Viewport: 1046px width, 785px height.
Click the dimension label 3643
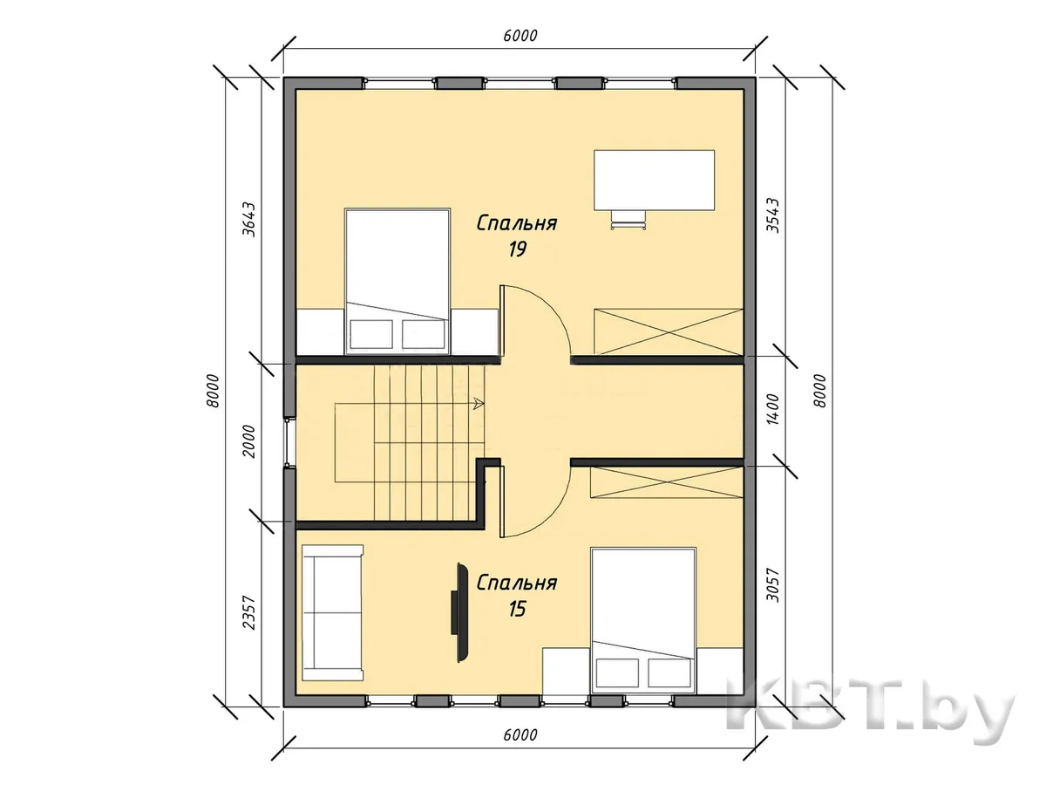pyautogui.click(x=248, y=220)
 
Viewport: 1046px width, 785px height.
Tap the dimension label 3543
pyautogui.click(x=772, y=215)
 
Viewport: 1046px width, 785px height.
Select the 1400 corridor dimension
pyautogui.click(x=772, y=409)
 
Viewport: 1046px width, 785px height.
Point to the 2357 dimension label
pyautogui.click(x=248, y=612)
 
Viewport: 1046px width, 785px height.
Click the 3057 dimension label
pyautogui.click(x=772, y=584)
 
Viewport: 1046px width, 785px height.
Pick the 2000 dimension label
pyautogui.click(x=248, y=441)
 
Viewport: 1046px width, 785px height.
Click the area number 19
pyautogui.click(x=517, y=249)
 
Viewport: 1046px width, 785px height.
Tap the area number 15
pyautogui.click(x=517, y=609)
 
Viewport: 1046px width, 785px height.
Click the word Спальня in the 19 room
pyautogui.click(x=517, y=223)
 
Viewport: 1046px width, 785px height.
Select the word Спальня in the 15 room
pyautogui.click(x=517, y=583)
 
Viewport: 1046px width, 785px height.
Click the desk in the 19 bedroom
pyautogui.click(x=654, y=180)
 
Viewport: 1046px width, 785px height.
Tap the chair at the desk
pyautogui.click(x=628, y=220)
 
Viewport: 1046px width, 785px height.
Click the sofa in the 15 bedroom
pyautogui.click(x=333, y=613)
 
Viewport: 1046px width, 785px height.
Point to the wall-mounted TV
pyautogui.click(x=461, y=612)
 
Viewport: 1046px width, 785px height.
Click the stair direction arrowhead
pyautogui.click(x=479, y=404)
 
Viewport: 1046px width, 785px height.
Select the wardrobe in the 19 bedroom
pyautogui.click(x=668, y=331)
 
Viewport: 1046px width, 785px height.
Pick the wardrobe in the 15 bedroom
pyautogui.click(x=667, y=482)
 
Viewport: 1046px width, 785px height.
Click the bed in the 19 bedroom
pyautogui.click(x=397, y=281)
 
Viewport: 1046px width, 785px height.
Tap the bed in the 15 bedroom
pyautogui.click(x=643, y=620)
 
